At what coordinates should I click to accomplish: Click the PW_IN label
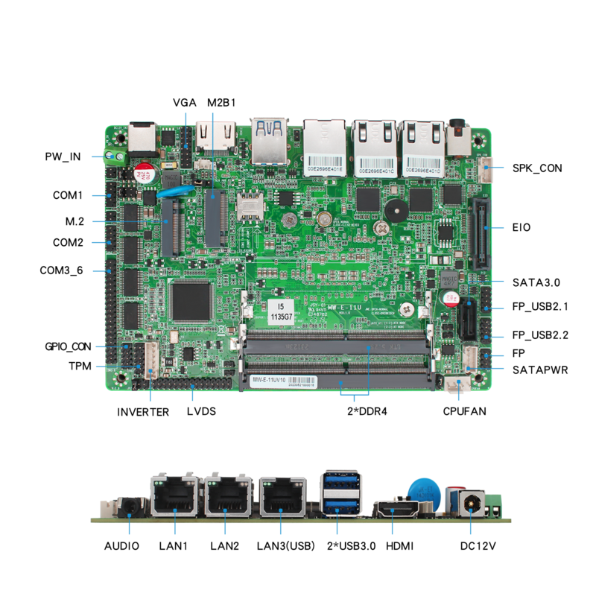[63, 156]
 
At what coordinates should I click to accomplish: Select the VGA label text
[184, 103]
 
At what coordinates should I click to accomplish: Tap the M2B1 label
[221, 103]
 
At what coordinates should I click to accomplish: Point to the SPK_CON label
[536, 168]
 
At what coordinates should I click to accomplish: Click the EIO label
[521, 226]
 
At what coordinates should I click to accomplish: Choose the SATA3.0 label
[536, 282]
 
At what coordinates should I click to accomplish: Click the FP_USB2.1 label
[540, 306]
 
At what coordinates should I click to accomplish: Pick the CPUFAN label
[464, 410]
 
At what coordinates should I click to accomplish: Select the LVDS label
[201, 410]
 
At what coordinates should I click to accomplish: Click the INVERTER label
[143, 411]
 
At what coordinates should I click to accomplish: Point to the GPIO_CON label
[68, 346]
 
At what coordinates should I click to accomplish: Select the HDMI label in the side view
[400, 546]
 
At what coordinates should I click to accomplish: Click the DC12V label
[478, 546]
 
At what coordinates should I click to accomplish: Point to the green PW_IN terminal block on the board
[115, 157]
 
